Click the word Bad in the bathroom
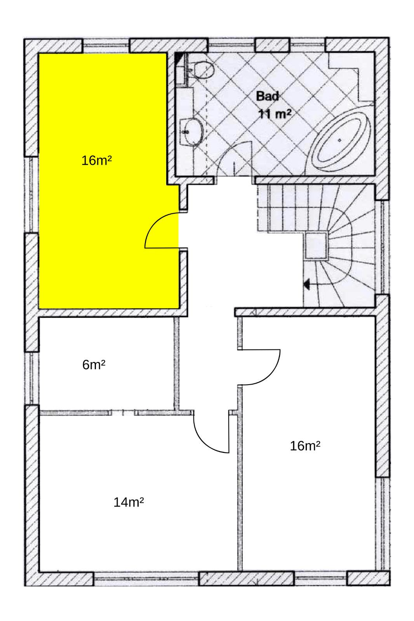pyautogui.click(x=267, y=96)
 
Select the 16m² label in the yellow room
pyautogui.click(x=97, y=161)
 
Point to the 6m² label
pyautogui.click(x=94, y=365)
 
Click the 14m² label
pyautogui.click(x=129, y=502)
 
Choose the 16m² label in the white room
pyautogui.click(x=305, y=446)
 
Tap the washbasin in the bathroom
pyautogui.click(x=192, y=132)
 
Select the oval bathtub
pyautogui.click(x=342, y=140)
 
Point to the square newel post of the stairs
pyautogui.click(x=317, y=246)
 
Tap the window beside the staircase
pyautogui.click(x=383, y=247)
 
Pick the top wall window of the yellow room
pyautogui.click(x=106, y=46)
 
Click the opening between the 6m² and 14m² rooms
pyautogui.click(x=123, y=413)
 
